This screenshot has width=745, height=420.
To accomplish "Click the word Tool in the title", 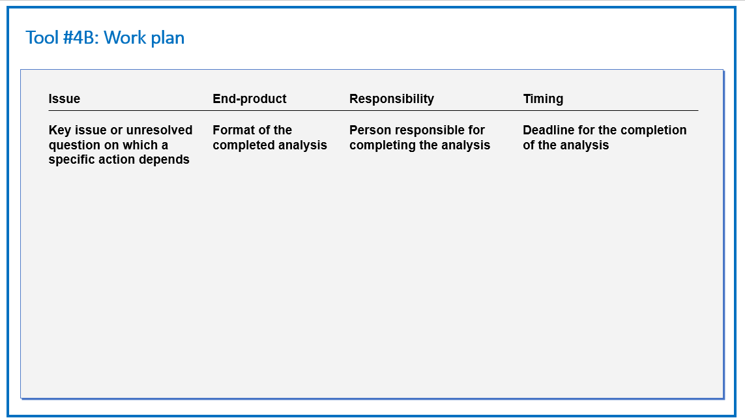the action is coord(42,38).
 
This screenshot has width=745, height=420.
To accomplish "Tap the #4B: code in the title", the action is coord(81,38).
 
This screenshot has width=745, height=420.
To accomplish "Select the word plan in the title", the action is coord(168,38).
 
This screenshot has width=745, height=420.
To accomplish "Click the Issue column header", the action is coord(64,98).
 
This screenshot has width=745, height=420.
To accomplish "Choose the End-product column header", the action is coord(250,98).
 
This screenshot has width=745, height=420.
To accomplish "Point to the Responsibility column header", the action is coord(392,98).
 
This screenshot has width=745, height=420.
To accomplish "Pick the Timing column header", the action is coord(543,99).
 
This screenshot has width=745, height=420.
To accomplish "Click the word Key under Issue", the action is coord(60,130).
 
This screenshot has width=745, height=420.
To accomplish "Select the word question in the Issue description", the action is coord(71,145).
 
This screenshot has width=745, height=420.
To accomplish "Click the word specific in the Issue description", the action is coord(68,159).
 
